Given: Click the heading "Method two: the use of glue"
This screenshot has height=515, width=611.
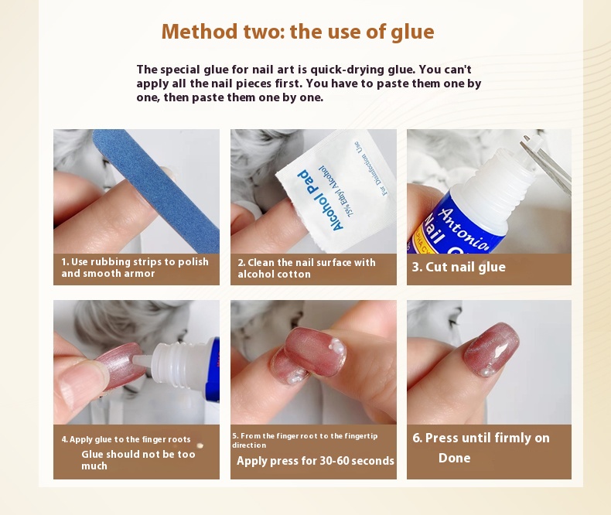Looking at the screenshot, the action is coord(298,32).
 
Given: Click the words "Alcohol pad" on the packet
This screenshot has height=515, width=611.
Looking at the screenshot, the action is coord(320,200).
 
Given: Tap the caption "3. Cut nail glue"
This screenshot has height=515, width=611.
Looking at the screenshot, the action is coord(459,268).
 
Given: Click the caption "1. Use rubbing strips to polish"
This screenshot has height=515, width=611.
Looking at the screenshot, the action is coord(135,262).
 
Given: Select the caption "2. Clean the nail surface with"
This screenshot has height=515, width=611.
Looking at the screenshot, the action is coord(307,263).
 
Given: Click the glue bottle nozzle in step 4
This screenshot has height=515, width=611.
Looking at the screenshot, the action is coord(142,360).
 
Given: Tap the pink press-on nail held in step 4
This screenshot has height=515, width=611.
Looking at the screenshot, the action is coord(119,367).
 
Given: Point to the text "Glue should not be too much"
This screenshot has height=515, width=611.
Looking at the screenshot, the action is coord(138,460).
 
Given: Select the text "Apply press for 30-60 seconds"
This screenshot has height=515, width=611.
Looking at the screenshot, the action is coord(316,461).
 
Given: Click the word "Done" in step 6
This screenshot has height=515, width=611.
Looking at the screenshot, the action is coord(454,458).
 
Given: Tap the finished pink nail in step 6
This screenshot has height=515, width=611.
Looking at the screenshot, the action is coord(492,350).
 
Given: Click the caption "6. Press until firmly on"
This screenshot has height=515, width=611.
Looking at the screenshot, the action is coord(481,438).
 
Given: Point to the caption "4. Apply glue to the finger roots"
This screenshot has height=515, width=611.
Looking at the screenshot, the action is coord(126,439).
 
